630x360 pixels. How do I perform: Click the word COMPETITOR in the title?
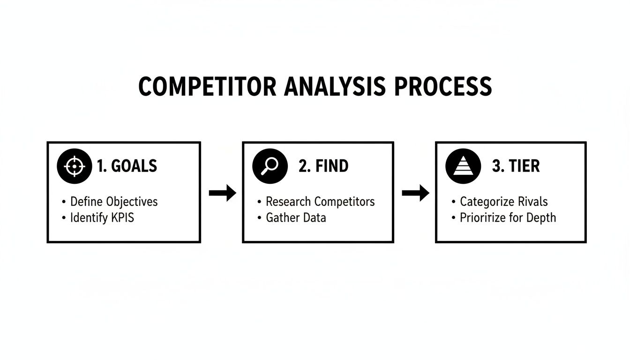tap(204, 87)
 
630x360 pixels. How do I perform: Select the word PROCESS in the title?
tap(443, 87)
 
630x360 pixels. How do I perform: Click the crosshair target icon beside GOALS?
tap(74, 166)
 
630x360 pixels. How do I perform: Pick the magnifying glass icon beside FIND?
tap(270, 166)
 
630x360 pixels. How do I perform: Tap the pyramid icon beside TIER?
tap(463, 166)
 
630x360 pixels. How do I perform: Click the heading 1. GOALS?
tap(127, 166)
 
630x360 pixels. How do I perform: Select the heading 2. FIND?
tap(323, 166)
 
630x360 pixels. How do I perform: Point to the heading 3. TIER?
tap(516, 166)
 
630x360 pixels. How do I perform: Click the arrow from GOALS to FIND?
tap(222, 193)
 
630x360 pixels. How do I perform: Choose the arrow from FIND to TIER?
tap(415, 193)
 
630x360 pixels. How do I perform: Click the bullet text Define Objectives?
tap(114, 202)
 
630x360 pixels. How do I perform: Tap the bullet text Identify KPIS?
tap(102, 217)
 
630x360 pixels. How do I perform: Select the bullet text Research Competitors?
tap(320, 202)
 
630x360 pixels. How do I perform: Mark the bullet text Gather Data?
tap(296, 217)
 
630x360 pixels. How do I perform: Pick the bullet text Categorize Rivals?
tap(503, 202)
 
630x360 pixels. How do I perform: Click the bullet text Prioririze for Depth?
tap(508, 217)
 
